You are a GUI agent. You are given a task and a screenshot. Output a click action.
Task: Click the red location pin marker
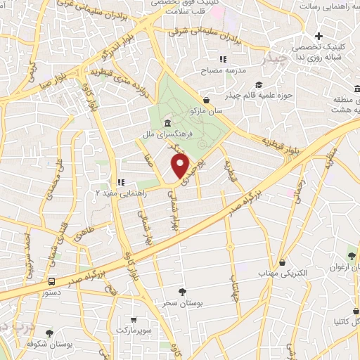pyautogui.click(x=181, y=166)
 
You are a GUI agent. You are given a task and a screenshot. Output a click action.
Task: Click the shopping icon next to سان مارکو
pyautogui.click(x=206, y=101)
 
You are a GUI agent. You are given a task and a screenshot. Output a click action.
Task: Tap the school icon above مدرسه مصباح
pyautogui.click(x=224, y=60)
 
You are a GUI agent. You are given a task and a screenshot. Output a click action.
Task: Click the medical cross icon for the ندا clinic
pyautogui.click(x=319, y=36)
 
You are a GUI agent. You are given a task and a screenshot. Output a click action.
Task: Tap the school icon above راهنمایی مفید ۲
pyautogui.click(x=120, y=181)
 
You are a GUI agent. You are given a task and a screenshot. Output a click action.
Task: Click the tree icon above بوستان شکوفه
pyautogui.click(x=49, y=333)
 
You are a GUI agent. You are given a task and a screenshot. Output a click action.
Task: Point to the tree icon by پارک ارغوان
pyautogui.click(x=352, y=255)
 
